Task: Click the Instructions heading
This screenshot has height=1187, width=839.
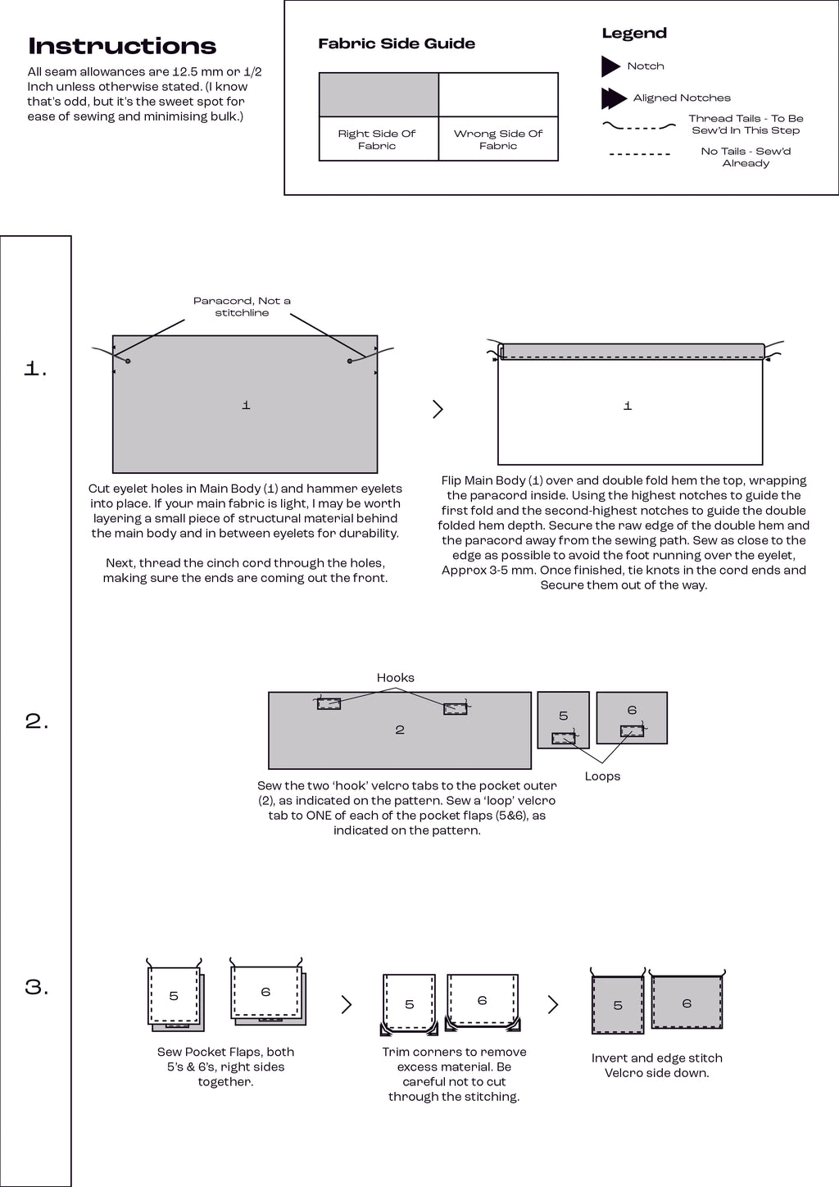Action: pyautogui.click(x=122, y=46)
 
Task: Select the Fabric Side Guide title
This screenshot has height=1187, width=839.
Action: pyautogui.click(x=397, y=43)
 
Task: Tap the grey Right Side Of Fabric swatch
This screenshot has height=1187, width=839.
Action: pyautogui.click(x=379, y=94)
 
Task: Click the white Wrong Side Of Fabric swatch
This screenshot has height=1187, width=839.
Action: pyautogui.click(x=498, y=94)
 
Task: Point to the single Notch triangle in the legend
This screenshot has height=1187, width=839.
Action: pyautogui.click(x=610, y=66)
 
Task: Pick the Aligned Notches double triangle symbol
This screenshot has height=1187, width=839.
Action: pyautogui.click(x=614, y=98)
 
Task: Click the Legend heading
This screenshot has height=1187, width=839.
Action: pyautogui.click(x=634, y=33)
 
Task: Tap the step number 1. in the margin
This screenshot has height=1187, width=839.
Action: pyautogui.click(x=36, y=369)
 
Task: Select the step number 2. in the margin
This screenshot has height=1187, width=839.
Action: pyautogui.click(x=37, y=721)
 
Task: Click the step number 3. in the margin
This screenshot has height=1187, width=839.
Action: pyautogui.click(x=37, y=987)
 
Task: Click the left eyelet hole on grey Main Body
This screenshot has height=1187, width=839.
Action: pyautogui.click(x=128, y=361)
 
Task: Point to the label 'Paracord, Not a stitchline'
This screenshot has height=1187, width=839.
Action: pyautogui.click(x=242, y=307)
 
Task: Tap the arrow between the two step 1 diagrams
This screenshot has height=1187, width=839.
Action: pyautogui.click(x=438, y=408)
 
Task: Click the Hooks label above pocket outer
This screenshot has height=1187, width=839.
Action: pyautogui.click(x=395, y=677)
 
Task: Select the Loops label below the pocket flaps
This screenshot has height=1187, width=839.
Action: pyautogui.click(x=602, y=775)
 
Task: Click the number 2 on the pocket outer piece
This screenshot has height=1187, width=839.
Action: pyautogui.click(x=400, y=730)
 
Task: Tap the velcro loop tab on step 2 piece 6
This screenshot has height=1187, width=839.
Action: pyautogui.click(x=632, y=730)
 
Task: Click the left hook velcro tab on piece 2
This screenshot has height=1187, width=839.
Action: pyautogui.click(x=329, y=703)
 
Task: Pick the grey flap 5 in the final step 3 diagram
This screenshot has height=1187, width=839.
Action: pyautogui.click(x=618, y=1005)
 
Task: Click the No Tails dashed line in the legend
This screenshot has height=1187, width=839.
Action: pyautogui.click(x=640, y=154)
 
